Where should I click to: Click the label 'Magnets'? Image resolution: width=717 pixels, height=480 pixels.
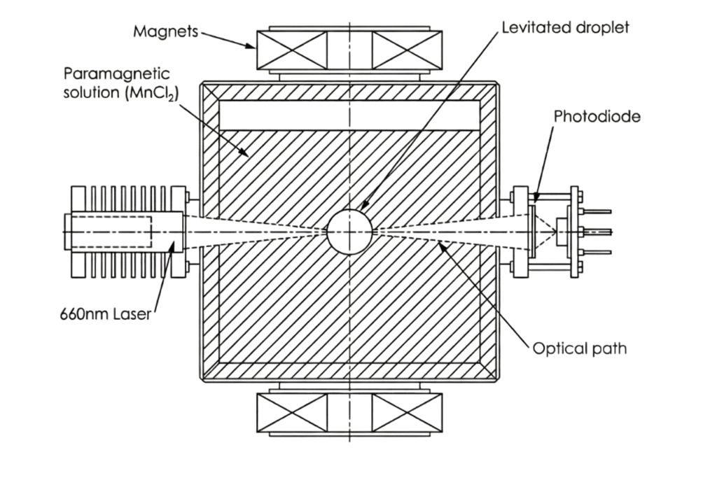pos(165,31)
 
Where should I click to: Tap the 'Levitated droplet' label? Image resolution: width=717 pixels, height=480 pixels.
pos(565,27)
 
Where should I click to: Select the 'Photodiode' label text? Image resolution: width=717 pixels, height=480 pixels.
pos(597,117)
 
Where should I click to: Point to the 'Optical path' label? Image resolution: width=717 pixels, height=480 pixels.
pos(580,348)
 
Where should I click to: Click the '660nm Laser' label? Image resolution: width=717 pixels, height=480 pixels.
pos(106,314)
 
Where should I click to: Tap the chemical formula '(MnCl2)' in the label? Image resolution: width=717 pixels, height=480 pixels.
pos(152,93)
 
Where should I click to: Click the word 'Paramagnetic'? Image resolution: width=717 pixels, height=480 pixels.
pos(117,74)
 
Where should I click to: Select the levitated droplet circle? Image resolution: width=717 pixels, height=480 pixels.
pos(349,232)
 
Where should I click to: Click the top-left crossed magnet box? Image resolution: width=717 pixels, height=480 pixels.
pos(292,50)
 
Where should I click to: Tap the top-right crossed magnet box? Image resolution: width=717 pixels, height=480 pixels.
pos(407,50)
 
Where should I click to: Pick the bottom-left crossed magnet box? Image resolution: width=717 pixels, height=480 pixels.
pos(292,413)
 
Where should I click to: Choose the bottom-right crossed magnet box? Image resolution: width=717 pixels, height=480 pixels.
pos(407,413)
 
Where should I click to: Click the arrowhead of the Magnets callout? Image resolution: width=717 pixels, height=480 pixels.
pos(251,45)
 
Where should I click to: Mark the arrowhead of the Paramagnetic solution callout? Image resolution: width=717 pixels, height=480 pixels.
pos(245,154)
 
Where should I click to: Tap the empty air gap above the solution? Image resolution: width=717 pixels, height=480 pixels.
pos(349,115)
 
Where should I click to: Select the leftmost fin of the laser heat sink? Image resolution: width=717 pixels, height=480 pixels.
pos(78,232)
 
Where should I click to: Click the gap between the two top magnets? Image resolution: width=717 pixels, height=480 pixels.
pos(350,50)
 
